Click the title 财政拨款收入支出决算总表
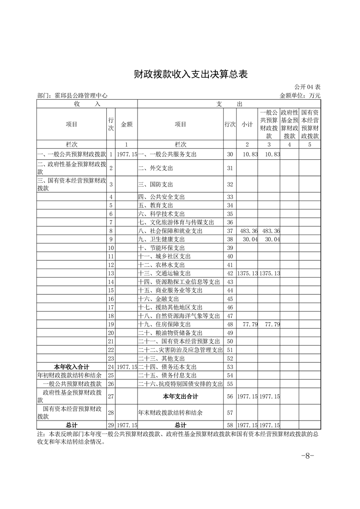(x=191, y=74)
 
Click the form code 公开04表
(x=307, y=87)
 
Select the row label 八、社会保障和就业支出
(x=170, y=231)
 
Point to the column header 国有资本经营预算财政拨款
(x=310, y=124)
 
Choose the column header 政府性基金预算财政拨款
(x=289, y=124)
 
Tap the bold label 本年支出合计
(x=180, y=396)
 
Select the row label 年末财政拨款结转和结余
(x=170, y=413)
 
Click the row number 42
(x=230, y=274)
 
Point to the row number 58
(x=230, y=425)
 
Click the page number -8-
(x=307, y=456)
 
